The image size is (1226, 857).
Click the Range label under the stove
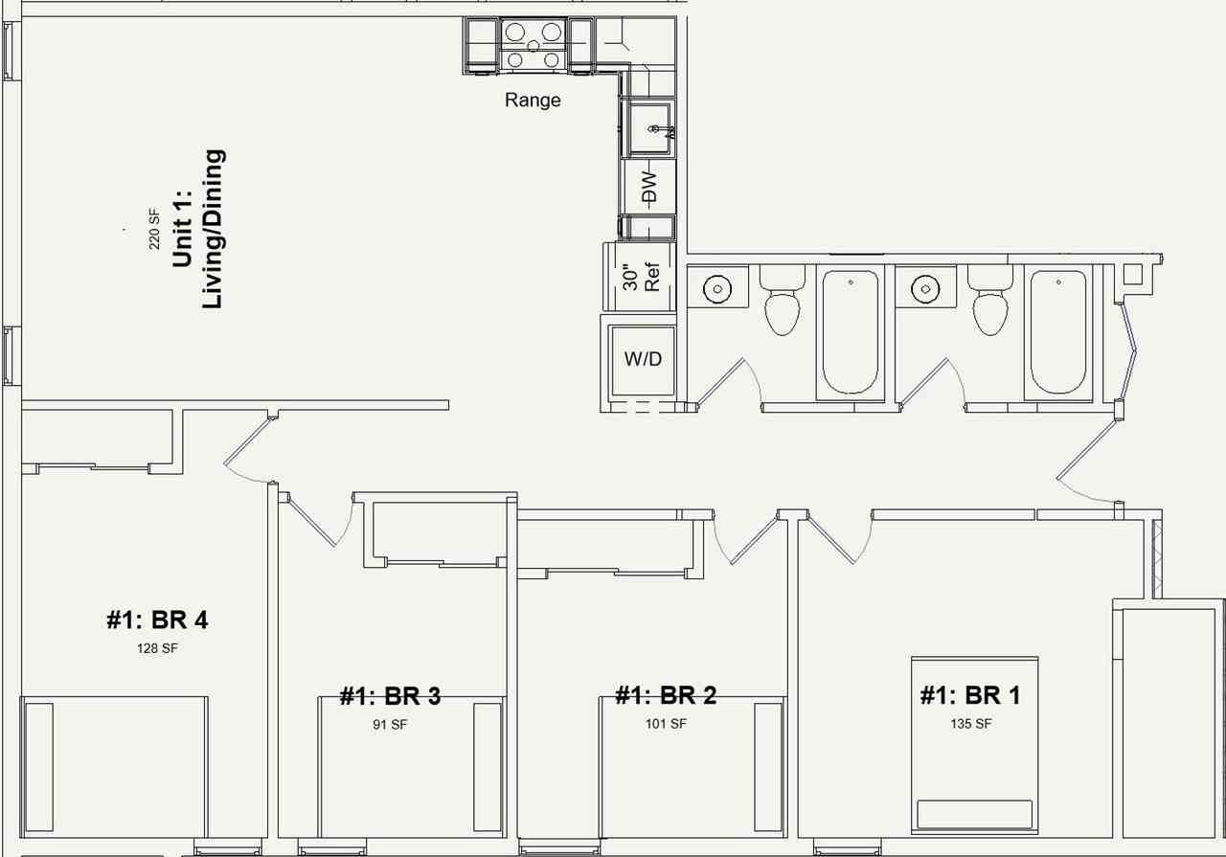(x=533, y=100)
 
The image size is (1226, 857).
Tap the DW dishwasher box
(x=648, y=186)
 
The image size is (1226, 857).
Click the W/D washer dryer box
(x=643, y=359)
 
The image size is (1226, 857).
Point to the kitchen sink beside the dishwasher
(x=648, y=128)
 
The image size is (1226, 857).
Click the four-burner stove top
(x=533, y=46)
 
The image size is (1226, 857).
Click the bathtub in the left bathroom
(x=850, y=331)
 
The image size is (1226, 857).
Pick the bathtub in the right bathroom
(x=1057, y=331)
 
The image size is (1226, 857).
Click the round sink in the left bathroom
(x=717, y=287)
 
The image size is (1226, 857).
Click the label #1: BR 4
(x=157, y=620)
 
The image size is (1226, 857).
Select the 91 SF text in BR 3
(x=390, y=725)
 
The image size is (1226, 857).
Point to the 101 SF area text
(x=666, y=724)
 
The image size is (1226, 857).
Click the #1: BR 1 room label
(x=970, y=695)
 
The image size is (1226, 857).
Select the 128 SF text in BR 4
(x=157, y=648)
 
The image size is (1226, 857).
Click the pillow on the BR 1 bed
(x=975, y=814)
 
